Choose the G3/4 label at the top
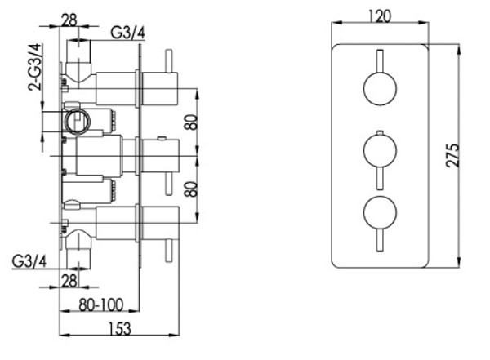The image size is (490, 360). (128, 32)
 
